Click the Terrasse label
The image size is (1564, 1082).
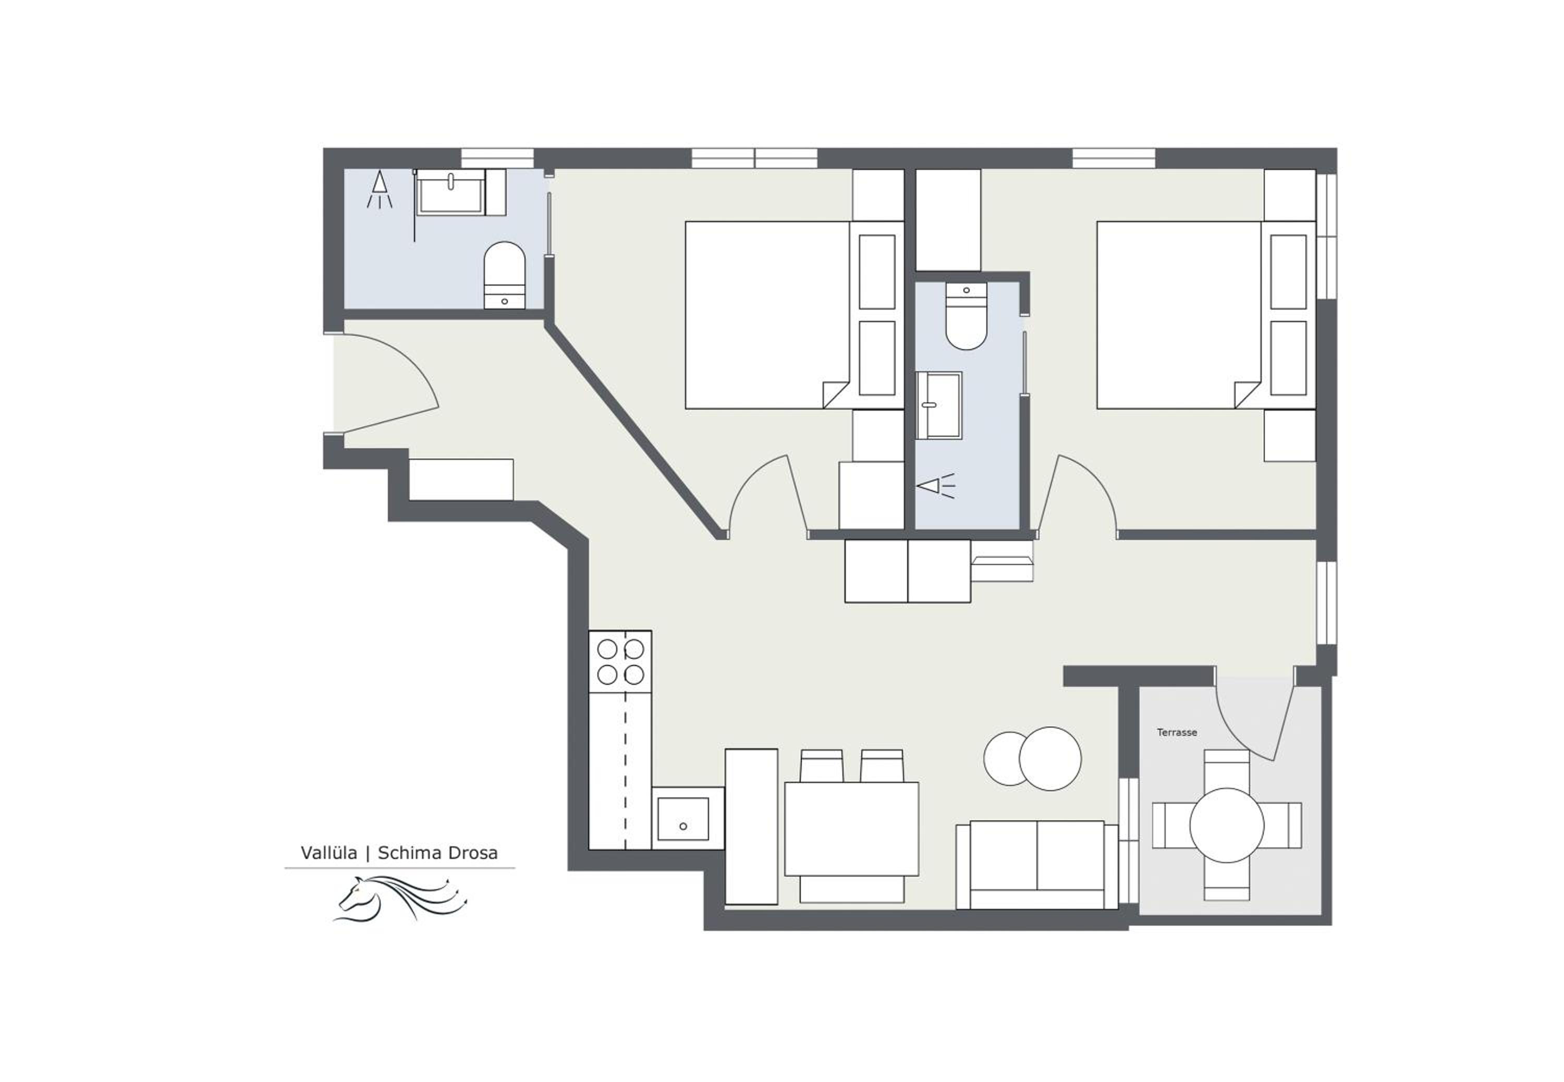click(x=1176, y=732)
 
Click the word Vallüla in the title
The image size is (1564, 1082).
click(x=329, y=853)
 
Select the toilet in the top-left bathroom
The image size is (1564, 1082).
click(x=504, y=275)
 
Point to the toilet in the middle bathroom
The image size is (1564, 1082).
click(x=966, y=316)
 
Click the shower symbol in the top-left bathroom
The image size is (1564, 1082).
click(x=380, y=190)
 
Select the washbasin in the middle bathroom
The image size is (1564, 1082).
click(x=939, y=405)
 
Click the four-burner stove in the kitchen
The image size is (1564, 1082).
click(x=620, y=662)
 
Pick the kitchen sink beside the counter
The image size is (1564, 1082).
click(x=683, y=819)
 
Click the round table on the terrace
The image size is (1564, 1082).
click(x=1227, y=825)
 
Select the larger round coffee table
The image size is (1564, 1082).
click(x=1050, y=759)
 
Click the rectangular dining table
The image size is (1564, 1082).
click(x=851, y=829)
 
